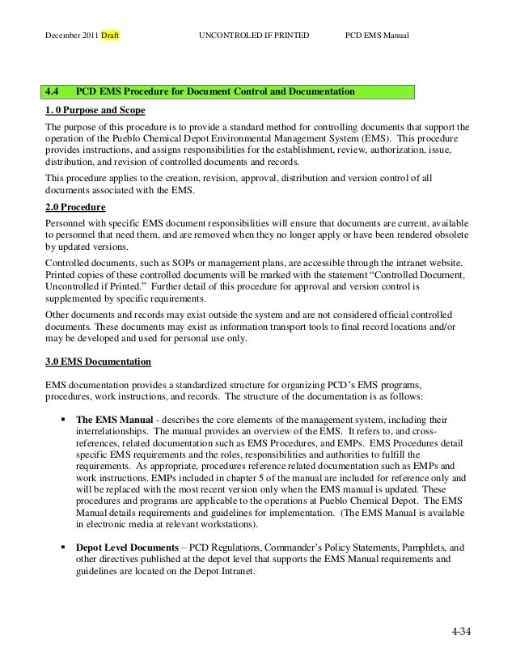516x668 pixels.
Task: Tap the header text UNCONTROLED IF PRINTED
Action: (x=253, y=37)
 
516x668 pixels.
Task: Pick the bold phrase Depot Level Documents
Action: (x=125, y=547)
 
